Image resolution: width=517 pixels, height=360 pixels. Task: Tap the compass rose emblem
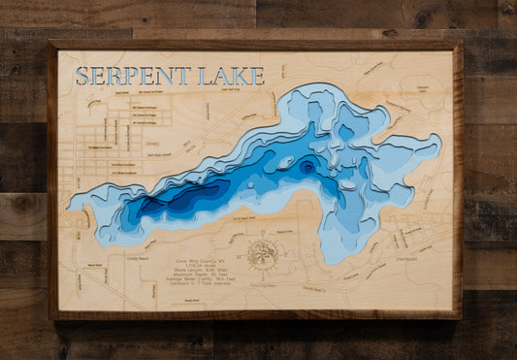pos(262,254)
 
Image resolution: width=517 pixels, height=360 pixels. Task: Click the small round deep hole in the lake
pos(307,167)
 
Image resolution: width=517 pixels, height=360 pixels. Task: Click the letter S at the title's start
pos(83,76)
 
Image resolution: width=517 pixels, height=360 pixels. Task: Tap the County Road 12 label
pos(312,288)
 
